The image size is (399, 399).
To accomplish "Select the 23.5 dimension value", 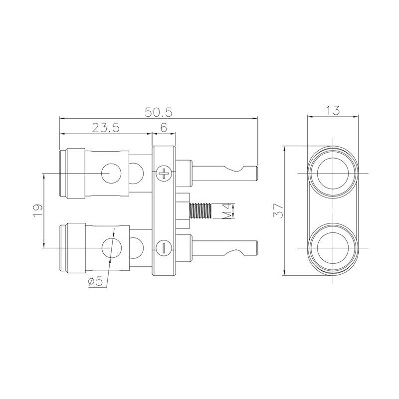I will (x=105, y=128).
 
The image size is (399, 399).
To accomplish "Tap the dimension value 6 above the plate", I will (x=164, y=128).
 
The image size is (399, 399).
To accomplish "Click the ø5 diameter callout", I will (x=95, y=282).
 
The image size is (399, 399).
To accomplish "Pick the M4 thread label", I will (x=226, y=210).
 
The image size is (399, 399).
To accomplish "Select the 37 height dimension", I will (x=278, y=210).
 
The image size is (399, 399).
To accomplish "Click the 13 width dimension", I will (x=333, y=111).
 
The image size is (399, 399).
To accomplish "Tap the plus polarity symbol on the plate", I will (x=164, y=174).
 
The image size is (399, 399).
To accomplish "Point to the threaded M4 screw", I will (x=200, y=210).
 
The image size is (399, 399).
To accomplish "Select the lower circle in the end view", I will (x=333, y=248).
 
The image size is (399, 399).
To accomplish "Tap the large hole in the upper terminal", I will (x=111, y=173).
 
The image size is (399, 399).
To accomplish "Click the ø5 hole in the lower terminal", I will (x=111, y=248).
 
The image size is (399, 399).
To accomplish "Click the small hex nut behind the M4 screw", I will (x=183, y=210).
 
